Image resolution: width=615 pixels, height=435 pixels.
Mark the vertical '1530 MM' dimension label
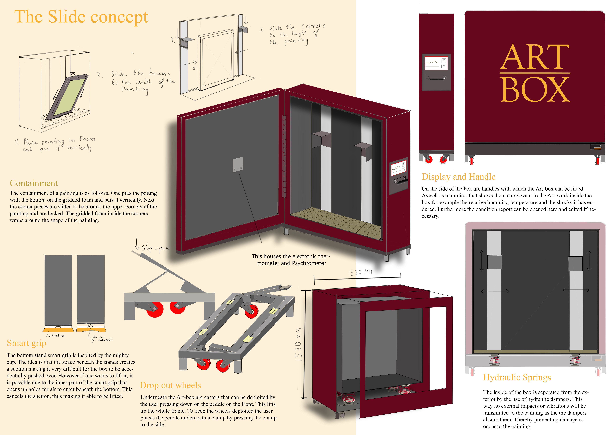pos(298,344)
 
